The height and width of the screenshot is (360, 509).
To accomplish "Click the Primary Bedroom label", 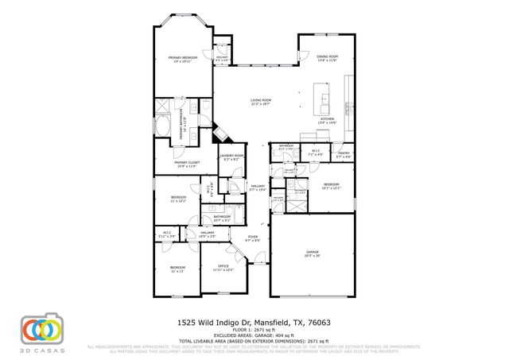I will click(182, 60).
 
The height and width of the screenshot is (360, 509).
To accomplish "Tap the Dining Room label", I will click(328, 59).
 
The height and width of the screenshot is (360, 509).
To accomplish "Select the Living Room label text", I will click(260, 102).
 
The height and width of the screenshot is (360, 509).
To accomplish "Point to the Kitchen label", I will click(328, 121).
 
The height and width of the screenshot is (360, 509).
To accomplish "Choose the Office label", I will click(223, 268).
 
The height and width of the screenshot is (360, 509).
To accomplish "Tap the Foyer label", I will click(253, 238).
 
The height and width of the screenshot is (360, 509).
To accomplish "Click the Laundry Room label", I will click(233, 157).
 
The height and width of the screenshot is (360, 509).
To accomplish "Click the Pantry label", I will click(344, 154).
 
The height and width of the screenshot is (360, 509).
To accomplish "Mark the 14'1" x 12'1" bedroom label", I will click(331, 187).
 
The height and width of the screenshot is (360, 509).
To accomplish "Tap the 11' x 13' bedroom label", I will click(177, 269).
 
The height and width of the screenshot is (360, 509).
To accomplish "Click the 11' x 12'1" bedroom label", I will click(178, 199).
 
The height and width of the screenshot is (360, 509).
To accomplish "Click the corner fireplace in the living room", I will click(217, 132).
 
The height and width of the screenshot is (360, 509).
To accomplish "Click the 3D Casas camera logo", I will click(41, 329).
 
